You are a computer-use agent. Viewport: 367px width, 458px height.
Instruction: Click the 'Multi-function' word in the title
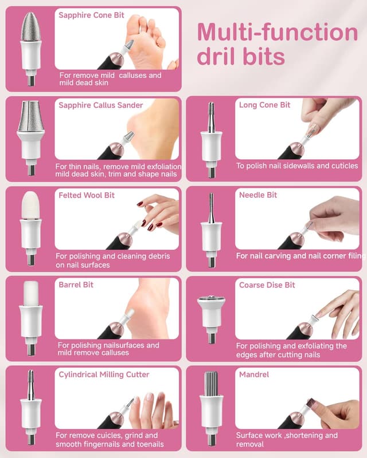278,32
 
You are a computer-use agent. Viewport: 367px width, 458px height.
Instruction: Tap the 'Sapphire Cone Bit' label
91,15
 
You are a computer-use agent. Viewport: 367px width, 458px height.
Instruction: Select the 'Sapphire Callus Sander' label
101,105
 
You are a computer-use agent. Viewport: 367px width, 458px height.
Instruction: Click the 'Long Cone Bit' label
264,105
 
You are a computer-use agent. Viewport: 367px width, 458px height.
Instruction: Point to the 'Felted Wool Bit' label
87,195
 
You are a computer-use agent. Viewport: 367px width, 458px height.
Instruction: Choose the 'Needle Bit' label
258,195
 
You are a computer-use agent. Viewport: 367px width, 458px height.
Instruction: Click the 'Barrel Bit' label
76,285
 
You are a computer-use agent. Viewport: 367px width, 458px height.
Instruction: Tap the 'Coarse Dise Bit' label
267,285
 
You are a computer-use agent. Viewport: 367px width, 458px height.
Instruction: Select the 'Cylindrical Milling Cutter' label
104,374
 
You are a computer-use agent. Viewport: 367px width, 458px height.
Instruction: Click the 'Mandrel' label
253,374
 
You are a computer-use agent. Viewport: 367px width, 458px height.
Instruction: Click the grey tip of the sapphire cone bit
31,26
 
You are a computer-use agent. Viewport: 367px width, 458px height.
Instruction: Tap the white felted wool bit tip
31,205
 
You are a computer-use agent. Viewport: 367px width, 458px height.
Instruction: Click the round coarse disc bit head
211,302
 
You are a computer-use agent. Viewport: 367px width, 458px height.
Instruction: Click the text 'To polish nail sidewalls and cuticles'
297,166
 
